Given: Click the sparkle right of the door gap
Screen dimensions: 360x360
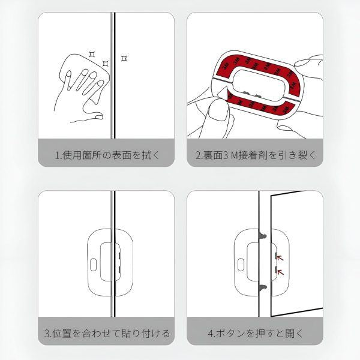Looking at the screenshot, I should point(124,58).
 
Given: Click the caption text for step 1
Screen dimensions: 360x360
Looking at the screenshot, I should point(107,155).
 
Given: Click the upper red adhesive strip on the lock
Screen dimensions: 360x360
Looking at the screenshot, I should point(252,61).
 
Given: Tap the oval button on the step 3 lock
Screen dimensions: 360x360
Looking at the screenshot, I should point(94,263).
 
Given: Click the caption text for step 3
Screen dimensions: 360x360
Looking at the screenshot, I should point(107,332).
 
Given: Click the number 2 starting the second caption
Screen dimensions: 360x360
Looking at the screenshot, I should point(199,155).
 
